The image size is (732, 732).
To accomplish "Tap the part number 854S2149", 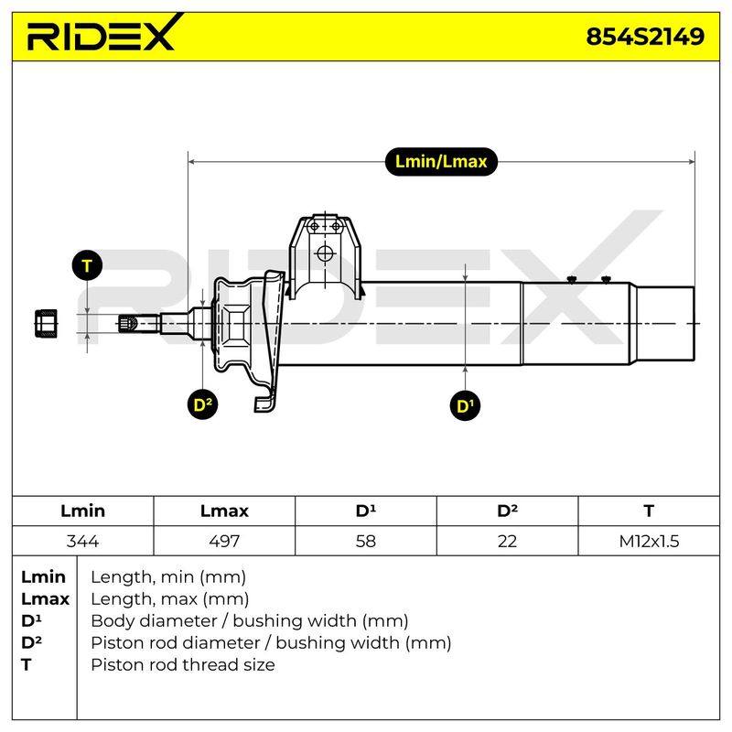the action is (645, 37).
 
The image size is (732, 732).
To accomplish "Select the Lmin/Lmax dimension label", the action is (441, 162).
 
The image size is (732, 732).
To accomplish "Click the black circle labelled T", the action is (87, 265).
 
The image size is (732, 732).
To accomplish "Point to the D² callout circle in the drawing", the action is (202, 404).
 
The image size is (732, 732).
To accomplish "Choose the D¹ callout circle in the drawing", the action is (465, 405).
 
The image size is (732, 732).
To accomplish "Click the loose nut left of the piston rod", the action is (47, 323).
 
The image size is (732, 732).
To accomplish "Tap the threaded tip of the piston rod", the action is (128, 323).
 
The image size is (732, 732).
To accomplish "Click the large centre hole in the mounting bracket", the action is (325, 253).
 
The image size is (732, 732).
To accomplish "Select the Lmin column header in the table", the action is (82, 511).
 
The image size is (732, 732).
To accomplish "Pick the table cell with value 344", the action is (82, 541).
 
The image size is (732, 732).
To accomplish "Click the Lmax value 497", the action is (224, 541).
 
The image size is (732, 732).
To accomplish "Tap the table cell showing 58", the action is (365, 541).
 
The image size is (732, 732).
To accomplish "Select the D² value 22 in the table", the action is (507, 541).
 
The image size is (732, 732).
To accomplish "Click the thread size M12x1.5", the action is (649, 541).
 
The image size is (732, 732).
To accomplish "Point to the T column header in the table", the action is (649, 511).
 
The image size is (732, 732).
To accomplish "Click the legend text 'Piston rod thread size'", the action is (183, 664).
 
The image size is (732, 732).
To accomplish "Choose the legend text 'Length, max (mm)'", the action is (170, 599).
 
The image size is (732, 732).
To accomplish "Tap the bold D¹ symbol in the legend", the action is (31, 620).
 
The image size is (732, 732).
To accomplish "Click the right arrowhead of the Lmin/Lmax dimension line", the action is (692, 162).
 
